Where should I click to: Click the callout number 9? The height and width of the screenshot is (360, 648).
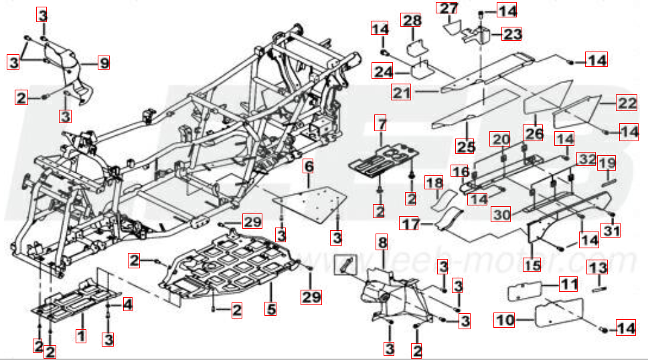click(x=103, y=63)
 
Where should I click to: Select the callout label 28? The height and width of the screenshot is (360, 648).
click(x=411, y=20)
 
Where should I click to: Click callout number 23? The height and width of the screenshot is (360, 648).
click(x=512, y=33)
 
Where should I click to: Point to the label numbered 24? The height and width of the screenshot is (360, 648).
click(x=383, y=71)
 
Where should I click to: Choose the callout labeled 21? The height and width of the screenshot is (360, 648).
click(x=402, y=93)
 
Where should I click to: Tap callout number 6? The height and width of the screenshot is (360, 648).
click(x=309, y=165)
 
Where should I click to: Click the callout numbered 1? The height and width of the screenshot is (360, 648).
click(x=80, y=334)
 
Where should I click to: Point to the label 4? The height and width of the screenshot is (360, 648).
click(x=127, y=306)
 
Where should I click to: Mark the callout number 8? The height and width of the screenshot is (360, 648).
click(x=382, y=242)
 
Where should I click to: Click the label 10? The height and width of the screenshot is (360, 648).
click(x=505, y=320)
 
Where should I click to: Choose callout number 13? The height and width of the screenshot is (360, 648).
click(x=597, y=267)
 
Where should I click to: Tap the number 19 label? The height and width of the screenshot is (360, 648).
click(x=606, y=163)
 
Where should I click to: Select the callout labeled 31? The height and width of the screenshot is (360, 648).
click(x=613, y=232)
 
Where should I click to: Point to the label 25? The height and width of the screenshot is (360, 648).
click(x=465, y=147)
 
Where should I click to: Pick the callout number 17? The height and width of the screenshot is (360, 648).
click(x=409, y=223)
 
